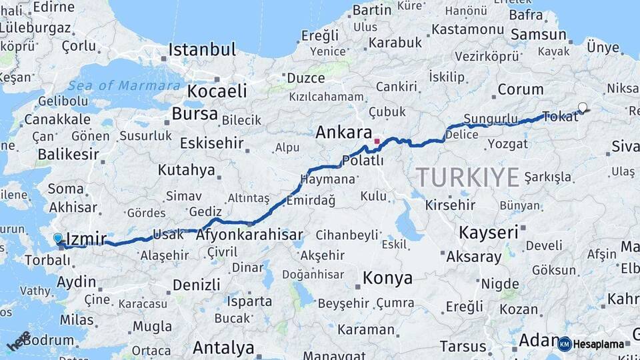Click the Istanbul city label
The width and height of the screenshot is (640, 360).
[202, 49]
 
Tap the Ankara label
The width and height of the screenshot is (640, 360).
[343, 132]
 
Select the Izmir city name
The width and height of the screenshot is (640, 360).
[87, 239]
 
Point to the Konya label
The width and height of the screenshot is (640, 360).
[387, 278]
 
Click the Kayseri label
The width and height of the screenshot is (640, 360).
[488, 232]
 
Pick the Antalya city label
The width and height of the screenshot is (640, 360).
[223, 347]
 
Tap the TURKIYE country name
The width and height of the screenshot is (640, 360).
[467, 177]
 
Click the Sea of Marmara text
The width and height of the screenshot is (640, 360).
[124, 85]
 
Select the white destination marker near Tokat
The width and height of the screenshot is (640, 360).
[583, 107]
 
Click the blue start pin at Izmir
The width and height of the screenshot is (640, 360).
[58, 238]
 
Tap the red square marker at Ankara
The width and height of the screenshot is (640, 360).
[377, 141]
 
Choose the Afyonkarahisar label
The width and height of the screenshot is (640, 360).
[249, 235]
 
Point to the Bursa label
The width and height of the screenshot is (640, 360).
[195, 113]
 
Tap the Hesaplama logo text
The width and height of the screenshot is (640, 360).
[599, 344]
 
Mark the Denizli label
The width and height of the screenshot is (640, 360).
[196, 285]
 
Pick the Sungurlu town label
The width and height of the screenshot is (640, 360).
[491, 119]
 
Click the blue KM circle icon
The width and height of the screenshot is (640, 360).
[565, 344]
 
